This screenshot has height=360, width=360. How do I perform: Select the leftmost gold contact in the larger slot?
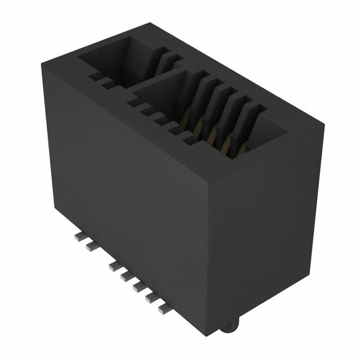click(197, 115)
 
